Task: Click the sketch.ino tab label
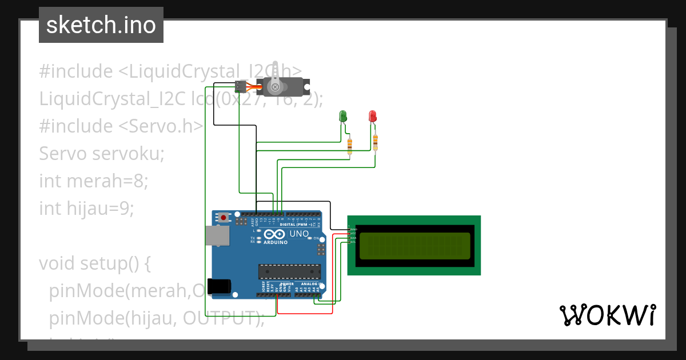pyautogui.click(x=101, y=25)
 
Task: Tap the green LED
pyautogui.click(x=343, y=116)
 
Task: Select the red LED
pyautogui.click(x=373, y=116)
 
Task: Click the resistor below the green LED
pyautogui.click(x=349, y=146)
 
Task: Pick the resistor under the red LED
pyautogui.click(x=375, y=142)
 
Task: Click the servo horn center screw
pyautogui.click(x=276, y=87)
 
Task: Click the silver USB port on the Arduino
pyautogui.click(x=217, y=235)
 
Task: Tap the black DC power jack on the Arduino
pyautogui.click(x=219, y=286)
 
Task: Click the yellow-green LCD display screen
pyautogui.click(x=414, y=245)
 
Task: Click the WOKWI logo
pyautogui.click(x=607, y=315)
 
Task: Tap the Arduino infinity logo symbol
pyautogui.click(x=274, y=234)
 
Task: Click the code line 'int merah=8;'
pyautogui.click(x=94, y=181)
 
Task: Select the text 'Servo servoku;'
pyautogui.click(x=102, y=154)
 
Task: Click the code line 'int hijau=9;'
pyautogui.click(x=86, y=209)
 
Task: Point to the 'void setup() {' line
pyautogui.click(x=94, y=263)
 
